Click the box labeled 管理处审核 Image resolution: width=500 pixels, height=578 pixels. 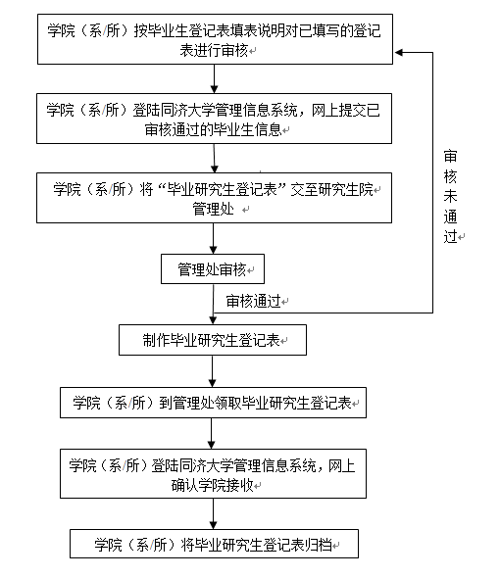click(213, 269)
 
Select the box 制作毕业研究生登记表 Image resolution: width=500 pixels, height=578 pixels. click(213, 340)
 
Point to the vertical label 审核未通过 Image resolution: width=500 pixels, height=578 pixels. click(450, 196)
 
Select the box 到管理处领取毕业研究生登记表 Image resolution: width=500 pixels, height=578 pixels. click(213, 403)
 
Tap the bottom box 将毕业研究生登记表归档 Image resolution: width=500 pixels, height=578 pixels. click(213, 544)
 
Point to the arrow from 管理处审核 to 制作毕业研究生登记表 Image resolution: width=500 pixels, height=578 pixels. click(213, 304)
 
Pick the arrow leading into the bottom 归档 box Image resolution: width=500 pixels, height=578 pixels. click(213, 515)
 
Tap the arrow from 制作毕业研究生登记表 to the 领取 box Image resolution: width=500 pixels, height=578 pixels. click(213, 371)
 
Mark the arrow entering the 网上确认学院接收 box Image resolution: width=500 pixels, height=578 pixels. click(213, 434)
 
